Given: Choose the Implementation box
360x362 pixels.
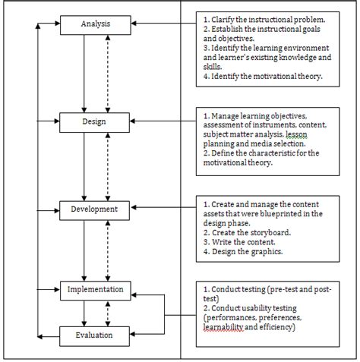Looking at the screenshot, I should (96, 289).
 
